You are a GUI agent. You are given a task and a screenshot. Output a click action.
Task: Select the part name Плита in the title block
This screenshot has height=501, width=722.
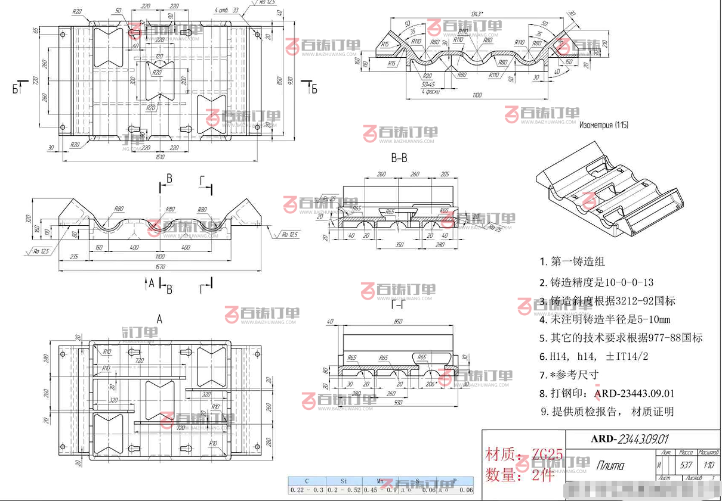point(610,466)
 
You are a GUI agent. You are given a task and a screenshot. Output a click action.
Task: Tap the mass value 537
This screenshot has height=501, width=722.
point(686,465)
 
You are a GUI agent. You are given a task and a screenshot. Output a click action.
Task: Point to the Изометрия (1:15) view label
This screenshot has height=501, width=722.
point(603,125)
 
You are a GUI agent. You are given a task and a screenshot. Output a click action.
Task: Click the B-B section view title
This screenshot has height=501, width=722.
point(399,158)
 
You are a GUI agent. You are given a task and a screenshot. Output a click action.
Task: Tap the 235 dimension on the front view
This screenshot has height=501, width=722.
point(73,256)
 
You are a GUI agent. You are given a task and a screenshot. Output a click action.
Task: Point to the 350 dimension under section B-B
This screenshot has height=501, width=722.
point(399,245)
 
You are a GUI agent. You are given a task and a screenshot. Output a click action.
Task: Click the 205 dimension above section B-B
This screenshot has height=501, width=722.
point(445,175)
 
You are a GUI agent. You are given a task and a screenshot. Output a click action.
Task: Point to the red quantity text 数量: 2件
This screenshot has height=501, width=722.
point(519,475)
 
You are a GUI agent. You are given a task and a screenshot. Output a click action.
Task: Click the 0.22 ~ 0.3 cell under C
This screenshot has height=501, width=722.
point(306,490)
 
